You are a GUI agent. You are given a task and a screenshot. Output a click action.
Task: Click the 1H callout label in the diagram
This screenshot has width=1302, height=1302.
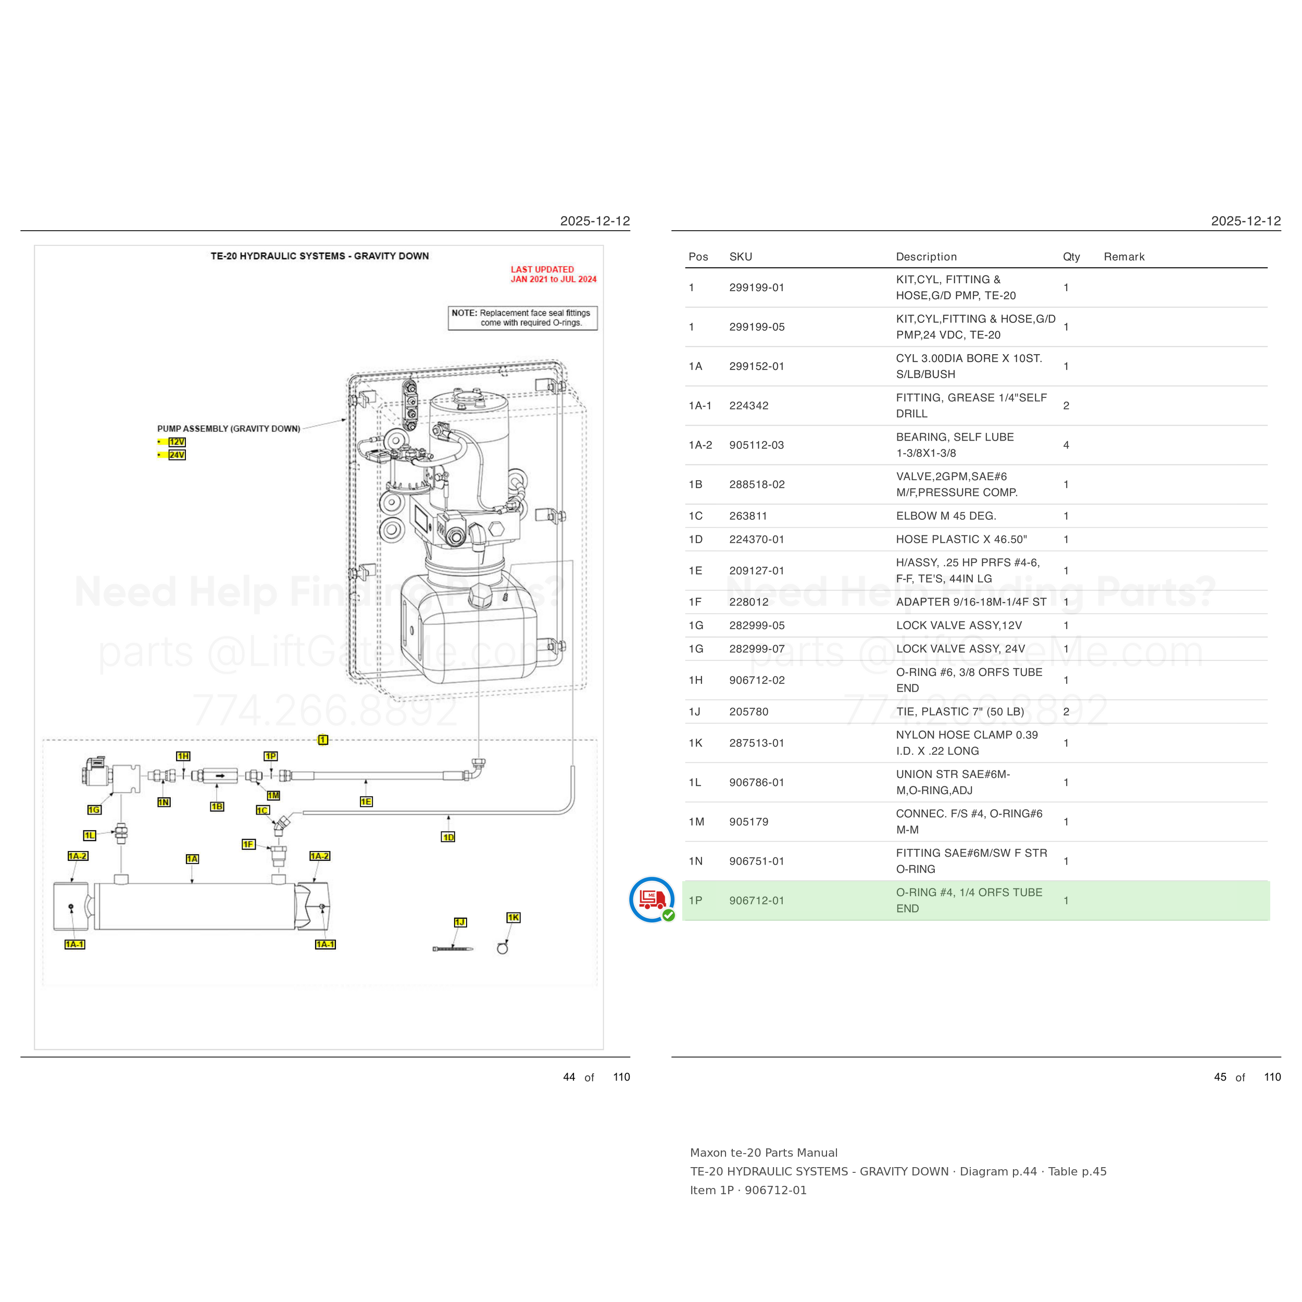(x=183, y=756)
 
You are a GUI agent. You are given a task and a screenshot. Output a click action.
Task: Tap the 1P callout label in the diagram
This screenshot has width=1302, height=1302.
(x=271, y=756)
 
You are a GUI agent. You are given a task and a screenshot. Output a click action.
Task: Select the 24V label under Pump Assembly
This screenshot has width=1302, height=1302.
(x=177, y=455)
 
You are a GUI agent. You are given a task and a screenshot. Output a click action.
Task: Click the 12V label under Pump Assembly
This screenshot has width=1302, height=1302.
(x=177, y=442)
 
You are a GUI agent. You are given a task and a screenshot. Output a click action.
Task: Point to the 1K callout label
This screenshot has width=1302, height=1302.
(x=514, y=917)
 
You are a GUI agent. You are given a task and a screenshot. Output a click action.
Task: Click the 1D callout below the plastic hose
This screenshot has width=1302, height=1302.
(x=448, y=837)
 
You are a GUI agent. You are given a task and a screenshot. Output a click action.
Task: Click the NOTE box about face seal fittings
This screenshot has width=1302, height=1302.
(x=523, y=318)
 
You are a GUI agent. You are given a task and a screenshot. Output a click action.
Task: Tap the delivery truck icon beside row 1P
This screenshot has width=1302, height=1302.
(x=652, y=899)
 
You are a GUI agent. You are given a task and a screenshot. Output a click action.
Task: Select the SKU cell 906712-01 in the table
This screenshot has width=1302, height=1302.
(x=757, y=900)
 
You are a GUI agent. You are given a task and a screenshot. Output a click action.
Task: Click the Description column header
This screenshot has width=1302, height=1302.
(x=926, y=257)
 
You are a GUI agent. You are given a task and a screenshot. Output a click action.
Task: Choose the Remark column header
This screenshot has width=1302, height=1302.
(x=1124, y=257)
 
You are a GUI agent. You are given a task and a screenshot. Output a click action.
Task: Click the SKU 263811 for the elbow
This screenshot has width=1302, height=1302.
(x=748, y=516)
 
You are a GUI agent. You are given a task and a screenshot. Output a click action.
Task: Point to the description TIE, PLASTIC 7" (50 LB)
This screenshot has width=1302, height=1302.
(x=960, y=711)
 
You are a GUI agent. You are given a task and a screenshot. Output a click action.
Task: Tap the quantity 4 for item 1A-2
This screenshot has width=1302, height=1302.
(x=1066, y=445)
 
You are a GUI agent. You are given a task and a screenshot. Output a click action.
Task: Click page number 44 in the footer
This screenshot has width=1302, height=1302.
(x=569, y=1077)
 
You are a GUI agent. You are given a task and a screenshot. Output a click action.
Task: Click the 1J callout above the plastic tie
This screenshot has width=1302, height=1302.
(x=460, y=922)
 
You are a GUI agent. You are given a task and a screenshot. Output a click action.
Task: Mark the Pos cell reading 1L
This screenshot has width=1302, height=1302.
(x=695, y=782)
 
